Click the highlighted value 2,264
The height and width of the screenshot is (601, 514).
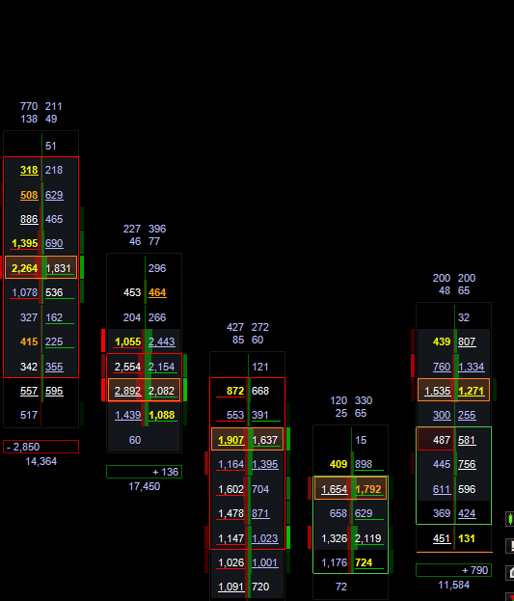24,268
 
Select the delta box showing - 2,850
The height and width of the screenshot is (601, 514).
41,447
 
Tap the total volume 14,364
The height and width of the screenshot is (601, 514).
41,461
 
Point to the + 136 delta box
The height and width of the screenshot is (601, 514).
144,472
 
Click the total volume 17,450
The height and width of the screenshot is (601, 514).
144,487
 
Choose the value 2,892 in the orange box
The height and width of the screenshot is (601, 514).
127,391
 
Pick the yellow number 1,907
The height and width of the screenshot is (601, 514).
230,440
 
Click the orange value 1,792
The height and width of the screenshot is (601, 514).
368,489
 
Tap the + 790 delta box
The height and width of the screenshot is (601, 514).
454,570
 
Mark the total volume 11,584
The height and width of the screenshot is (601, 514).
454,585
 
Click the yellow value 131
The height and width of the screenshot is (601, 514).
467,538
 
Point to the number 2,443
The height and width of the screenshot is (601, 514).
161,341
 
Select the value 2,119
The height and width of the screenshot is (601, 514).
368,538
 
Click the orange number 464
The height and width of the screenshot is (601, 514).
157,293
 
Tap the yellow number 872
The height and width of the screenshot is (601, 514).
235,391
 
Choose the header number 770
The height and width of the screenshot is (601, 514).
29,106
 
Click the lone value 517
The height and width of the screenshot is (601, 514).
29,415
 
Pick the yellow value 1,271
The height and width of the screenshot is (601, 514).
471,391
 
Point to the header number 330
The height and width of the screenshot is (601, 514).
364,400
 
